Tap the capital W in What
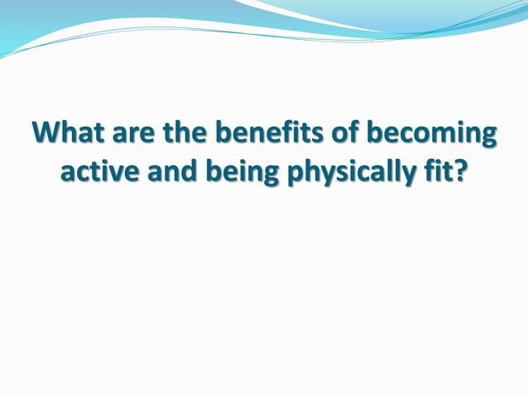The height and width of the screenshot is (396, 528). [46, 134]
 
